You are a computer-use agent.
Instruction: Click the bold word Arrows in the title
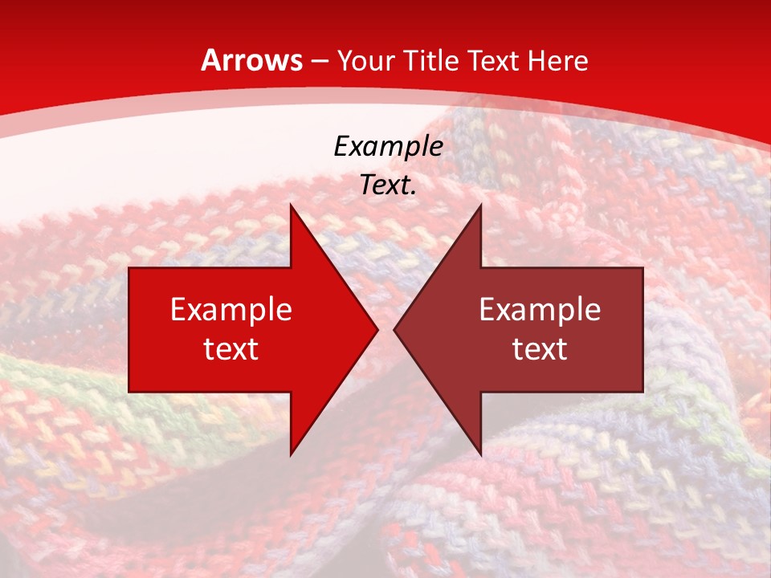[x=252, y=60]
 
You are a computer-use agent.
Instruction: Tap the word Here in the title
[x=558, y=60]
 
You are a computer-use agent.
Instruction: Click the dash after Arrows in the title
[x=319, y=61]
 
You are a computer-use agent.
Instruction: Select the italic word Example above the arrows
[x=388, y=146]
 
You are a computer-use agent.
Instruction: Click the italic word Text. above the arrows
[x=388, y=185]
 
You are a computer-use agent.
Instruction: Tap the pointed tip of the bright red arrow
[x=376, y=329]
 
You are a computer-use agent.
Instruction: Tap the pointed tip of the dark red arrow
[x=395, y=329]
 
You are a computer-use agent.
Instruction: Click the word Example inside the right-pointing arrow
[x=231, y=309]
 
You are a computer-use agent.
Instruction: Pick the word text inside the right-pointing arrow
[x=231, y=348]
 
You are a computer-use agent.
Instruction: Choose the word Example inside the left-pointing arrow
[x=540, y=309]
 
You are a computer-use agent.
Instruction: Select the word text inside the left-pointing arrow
[x=540, y=348]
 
